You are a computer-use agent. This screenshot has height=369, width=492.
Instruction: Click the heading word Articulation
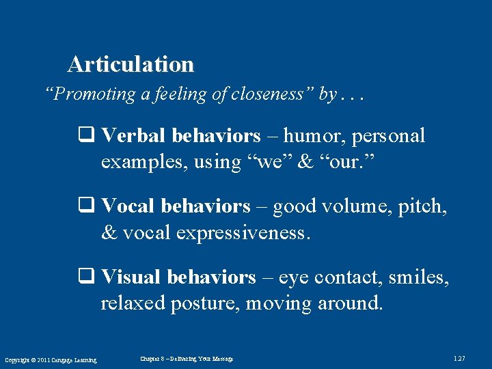pos(131,64)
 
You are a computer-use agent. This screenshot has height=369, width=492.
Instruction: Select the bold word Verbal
pos(133,136)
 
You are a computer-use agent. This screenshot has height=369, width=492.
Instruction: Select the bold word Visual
pos(131,277)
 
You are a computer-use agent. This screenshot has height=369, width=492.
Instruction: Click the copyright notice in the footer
pos(51,360)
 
